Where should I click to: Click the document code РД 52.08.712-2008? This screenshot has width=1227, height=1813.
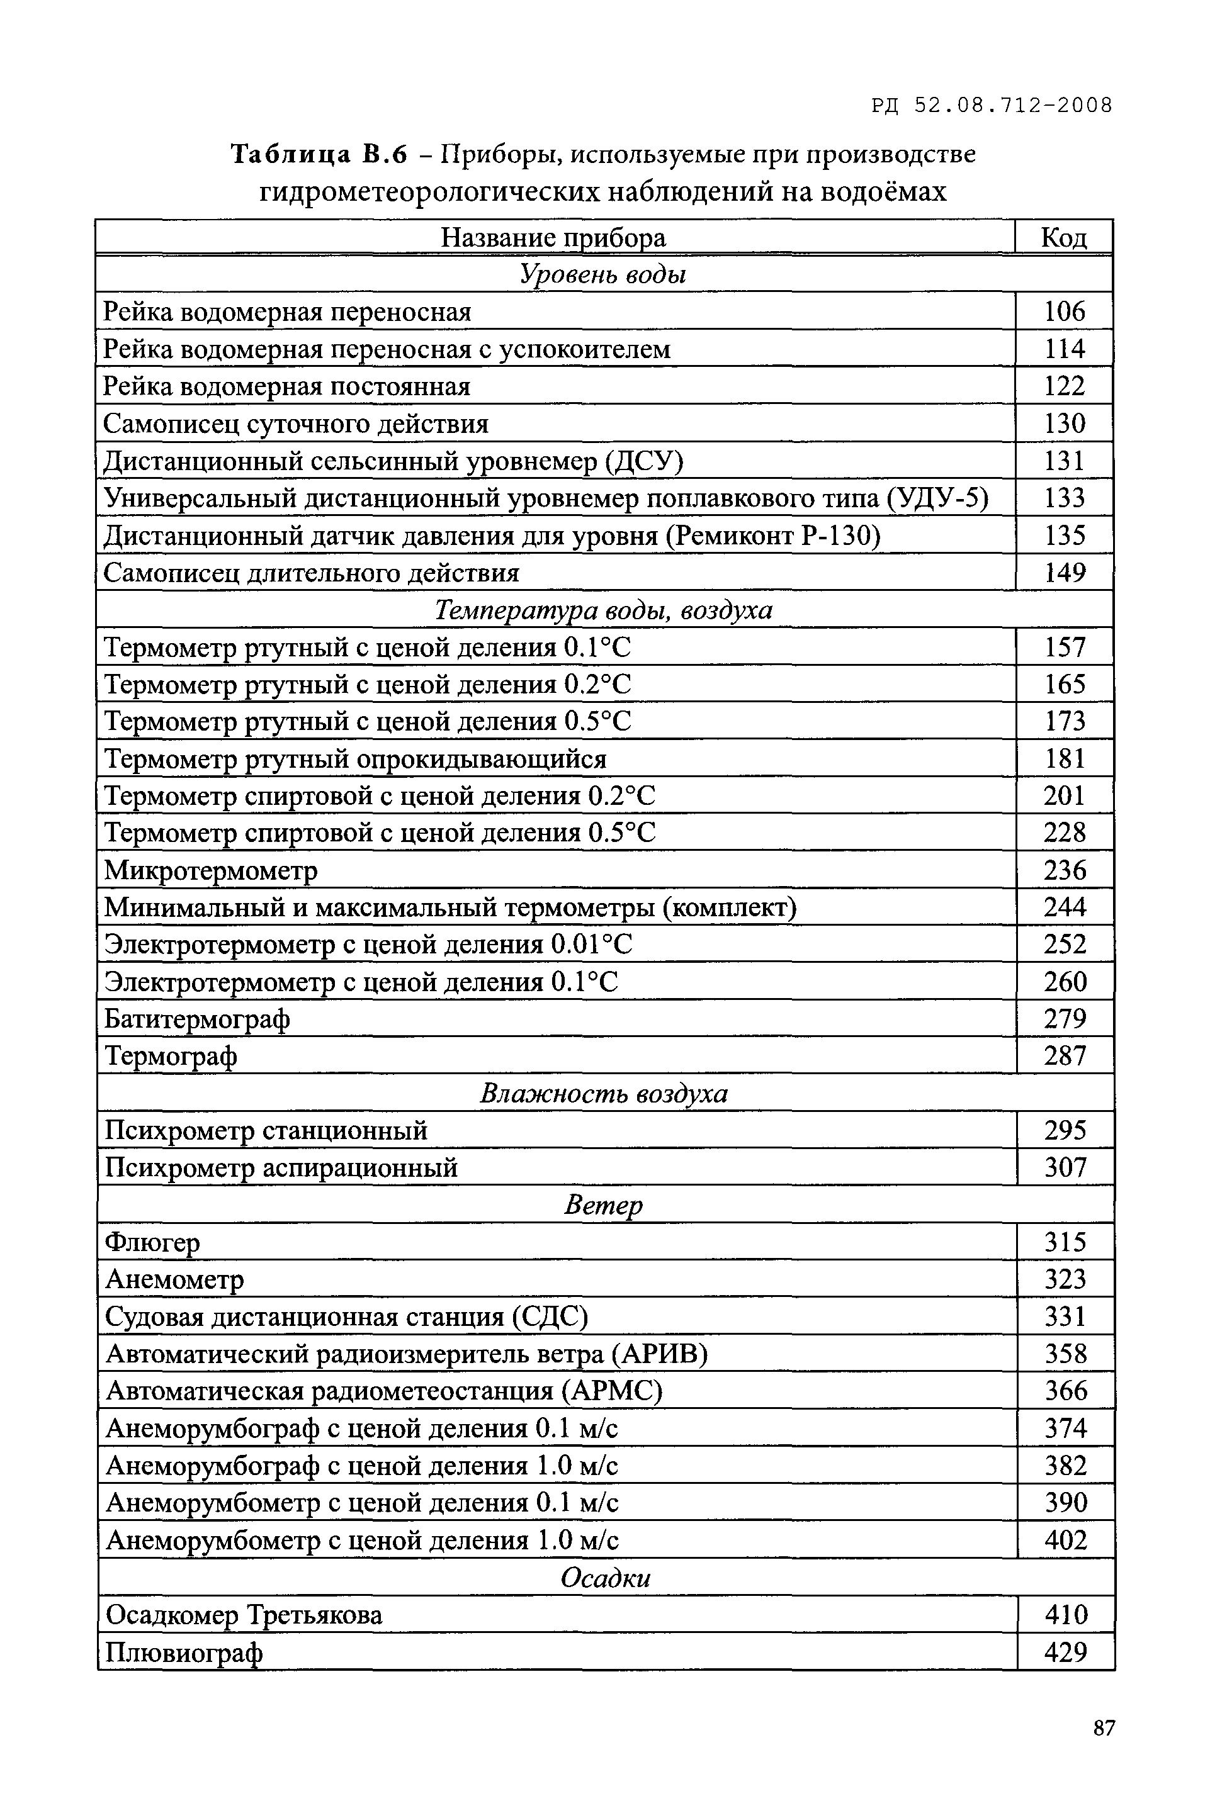tap(992, 104)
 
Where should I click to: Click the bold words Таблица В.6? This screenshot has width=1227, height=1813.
tap(319, 154)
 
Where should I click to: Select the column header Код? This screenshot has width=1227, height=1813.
tap(1063, 237)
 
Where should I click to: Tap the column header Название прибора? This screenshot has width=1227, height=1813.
tap(553, 237)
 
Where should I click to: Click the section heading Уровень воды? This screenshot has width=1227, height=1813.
tap(602, 274)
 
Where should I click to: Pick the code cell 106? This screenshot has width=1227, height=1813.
tap(1064, 312)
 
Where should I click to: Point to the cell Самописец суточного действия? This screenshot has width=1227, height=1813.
tap(296, 424)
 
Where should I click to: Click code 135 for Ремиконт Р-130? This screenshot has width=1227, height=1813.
tap(1064, 535)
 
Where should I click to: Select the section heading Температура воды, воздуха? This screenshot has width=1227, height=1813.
tap(602, 609)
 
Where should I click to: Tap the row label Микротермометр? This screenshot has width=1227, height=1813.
tap(211, 870)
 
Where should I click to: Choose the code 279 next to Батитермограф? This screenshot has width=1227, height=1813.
tap(1065, 1019)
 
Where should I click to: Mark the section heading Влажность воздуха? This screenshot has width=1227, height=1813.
tap(602, 1093)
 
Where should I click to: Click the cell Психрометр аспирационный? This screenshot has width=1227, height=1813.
tap(281, 1168)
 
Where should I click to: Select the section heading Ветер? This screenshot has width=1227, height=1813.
tap(602, 1205)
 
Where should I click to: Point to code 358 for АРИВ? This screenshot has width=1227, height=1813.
tap(1065, 1354)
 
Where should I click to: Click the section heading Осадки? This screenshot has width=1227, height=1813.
tap(605, 1578)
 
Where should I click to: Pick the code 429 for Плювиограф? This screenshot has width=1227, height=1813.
tap(1065, 1651)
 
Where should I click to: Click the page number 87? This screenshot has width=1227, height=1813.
tap(1104, 1727)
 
